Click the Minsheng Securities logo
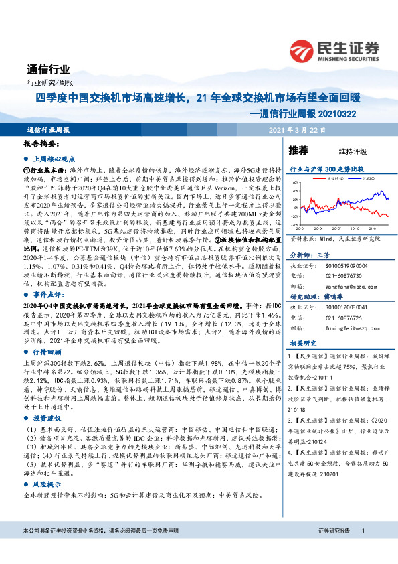click(x=334, y=50)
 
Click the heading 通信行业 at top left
click(x=48, y=68)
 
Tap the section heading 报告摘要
click(x=41, y=144)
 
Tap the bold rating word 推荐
click(x=299, y=149)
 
